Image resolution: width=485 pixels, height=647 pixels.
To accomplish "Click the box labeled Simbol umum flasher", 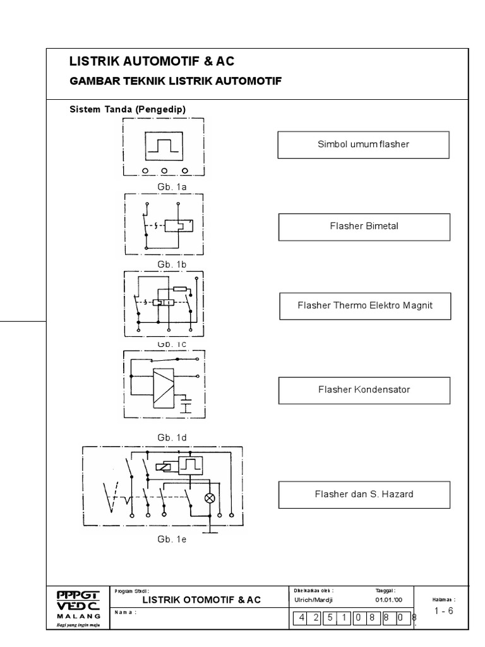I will click(363, 145).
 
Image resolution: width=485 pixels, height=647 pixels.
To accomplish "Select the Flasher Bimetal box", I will click(364, 227).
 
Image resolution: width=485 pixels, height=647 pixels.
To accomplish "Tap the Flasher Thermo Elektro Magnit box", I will click(365, 306).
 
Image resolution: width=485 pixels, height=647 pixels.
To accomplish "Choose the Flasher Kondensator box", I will click(364, 390).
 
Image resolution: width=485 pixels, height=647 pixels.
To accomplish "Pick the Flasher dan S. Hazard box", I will click(364, 494).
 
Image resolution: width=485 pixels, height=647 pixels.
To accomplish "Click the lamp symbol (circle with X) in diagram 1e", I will click(210, 498).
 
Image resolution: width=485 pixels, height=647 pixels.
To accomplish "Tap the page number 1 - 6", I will click(444, 610).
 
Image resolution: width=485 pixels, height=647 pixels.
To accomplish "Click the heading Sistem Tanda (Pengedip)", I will click(127, 109).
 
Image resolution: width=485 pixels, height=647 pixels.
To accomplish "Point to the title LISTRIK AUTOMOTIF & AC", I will click(152, 61).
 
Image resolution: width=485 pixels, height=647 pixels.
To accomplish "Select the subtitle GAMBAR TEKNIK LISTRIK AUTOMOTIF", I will click(174, 82).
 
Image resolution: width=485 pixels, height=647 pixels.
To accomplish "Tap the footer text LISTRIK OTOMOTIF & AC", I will click(201, 600).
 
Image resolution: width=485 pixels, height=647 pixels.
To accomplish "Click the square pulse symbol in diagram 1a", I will click(164, 147).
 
